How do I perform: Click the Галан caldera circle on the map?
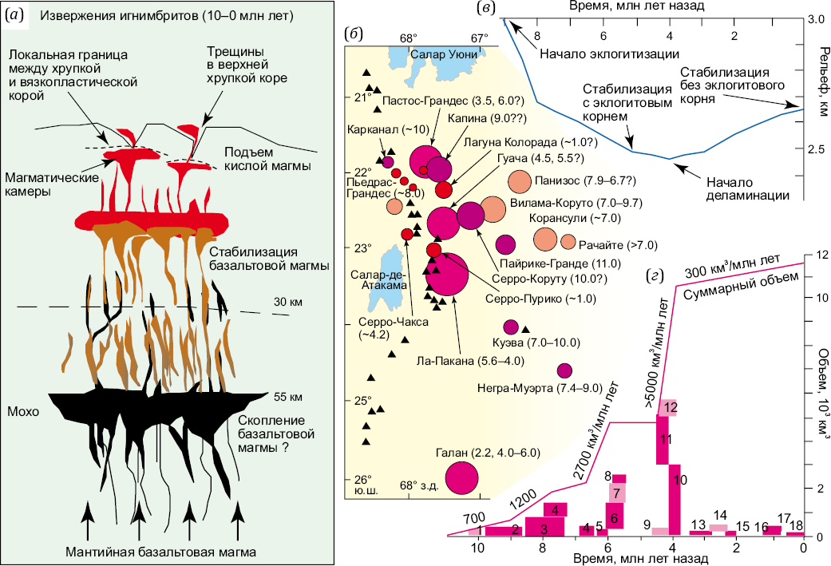point(461,478)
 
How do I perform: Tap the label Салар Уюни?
point(444,54)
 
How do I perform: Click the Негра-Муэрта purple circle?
point(564,371)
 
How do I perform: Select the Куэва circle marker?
point(510,327)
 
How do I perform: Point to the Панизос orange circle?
point(520,182)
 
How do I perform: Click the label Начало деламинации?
point(747,188)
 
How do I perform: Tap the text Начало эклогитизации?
point(609,53)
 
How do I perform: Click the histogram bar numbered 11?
point(663,439)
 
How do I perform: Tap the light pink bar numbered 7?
point(615,493)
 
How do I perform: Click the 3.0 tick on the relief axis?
point(815,20)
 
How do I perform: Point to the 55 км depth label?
point(287,397)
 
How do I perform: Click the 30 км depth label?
point(287,302)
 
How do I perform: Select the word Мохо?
point(23,411)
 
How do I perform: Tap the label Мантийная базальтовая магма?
point(160,552)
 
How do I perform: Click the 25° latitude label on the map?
point(362,401)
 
